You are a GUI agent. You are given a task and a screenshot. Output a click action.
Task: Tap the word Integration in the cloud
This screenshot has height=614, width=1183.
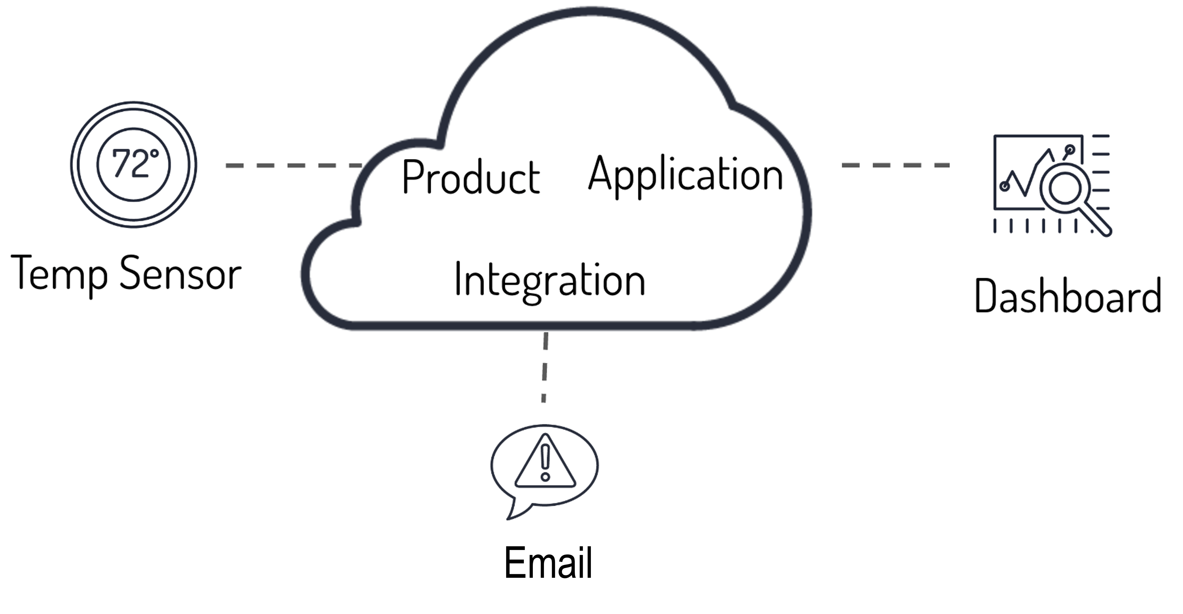[550, 281]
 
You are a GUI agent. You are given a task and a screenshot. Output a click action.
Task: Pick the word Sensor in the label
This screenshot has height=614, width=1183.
[181, 274]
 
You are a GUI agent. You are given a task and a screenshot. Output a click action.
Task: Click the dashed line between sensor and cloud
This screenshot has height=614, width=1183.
[294, 165]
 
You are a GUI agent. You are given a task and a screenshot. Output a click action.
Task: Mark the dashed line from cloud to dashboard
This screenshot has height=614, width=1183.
[896, 165]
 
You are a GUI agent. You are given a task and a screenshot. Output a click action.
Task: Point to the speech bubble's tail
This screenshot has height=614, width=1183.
[514, 510]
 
